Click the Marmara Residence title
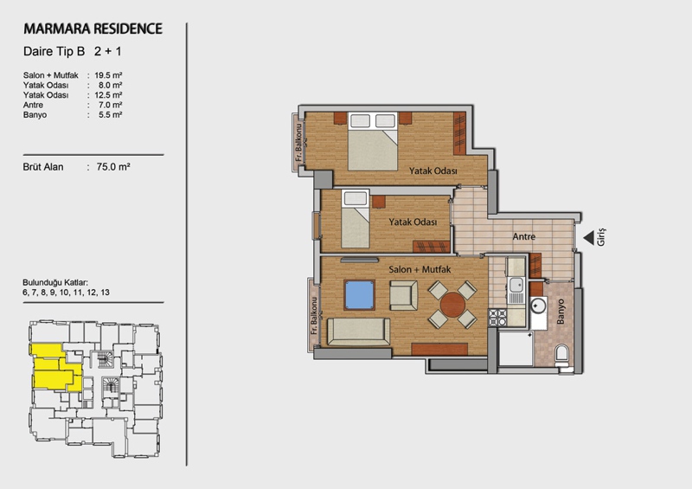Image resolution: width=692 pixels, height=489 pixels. (x=93, y=29)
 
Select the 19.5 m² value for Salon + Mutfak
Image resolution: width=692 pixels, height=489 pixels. (x=108, y=75)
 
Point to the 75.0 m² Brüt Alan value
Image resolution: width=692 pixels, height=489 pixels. (x=113, y=166)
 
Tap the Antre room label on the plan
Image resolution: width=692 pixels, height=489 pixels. (x=524, y=237)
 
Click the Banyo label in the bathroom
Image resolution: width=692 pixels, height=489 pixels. (x=561, y=312)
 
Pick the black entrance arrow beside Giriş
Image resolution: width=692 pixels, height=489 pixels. (x=589, y=238)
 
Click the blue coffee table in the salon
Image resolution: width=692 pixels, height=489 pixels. (x=359, y=294)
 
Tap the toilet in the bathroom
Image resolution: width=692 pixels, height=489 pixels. (x=561, y=354)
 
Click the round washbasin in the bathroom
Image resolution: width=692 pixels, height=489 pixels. (x=538, y=306)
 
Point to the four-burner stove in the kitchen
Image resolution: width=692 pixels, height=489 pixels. (x=497, y=317)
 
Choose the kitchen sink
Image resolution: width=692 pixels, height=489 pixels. (x=516, y=285)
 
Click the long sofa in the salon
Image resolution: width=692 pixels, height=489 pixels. (x=358, y=331)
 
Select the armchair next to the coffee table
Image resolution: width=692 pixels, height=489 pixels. (x=403, y=295)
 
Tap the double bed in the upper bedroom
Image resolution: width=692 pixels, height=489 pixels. (x=373, y=141)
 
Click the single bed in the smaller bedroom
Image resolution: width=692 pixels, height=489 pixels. (x=356, y=219)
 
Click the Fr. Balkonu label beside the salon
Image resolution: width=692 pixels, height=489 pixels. (x=314, y=315)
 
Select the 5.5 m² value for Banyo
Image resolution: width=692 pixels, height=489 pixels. (x=111, y=115)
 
